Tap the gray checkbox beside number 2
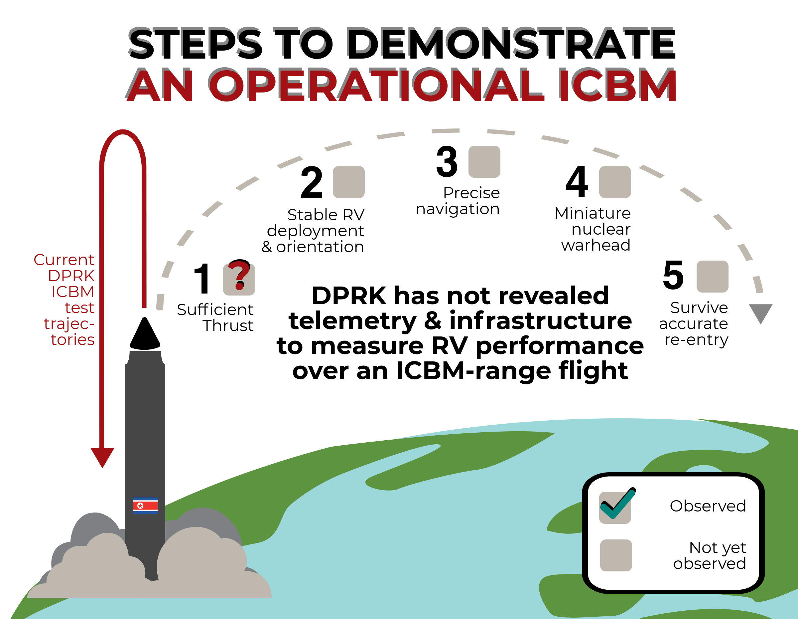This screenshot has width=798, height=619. [x=348, y=182]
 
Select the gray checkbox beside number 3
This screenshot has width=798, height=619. [x=484, y=162]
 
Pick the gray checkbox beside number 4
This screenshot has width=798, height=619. [x=615, y=182]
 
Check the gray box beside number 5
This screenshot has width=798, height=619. [x=712, y=277]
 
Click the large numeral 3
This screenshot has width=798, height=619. [x=447, y=162]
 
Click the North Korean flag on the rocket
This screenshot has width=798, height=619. [x=145, y=506]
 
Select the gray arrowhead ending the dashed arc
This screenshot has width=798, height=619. [x=760, y=312]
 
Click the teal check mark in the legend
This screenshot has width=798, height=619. [x=617, y=504]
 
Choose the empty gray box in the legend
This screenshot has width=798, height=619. [x=616, y=555]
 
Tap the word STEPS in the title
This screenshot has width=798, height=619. [x=196, y=44]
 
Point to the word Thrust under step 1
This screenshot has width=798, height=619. [x=228, y=326]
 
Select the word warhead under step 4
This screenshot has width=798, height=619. [x=596, y=245]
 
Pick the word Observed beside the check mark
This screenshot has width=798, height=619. [x=707, y=506]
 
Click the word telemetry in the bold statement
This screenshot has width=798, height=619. [x=352, y=321]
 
